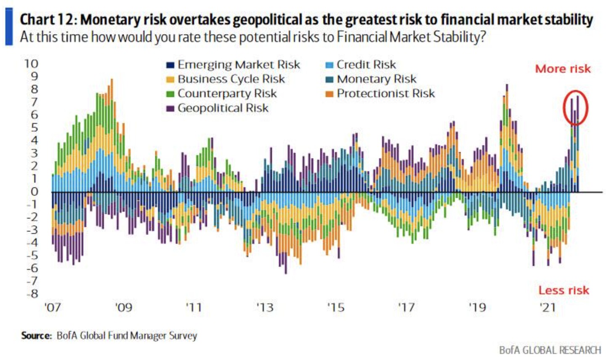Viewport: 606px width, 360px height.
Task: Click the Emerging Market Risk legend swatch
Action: (170, 65)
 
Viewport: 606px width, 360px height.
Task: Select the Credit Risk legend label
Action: (366, 65)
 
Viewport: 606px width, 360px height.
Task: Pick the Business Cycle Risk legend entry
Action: (231, 79)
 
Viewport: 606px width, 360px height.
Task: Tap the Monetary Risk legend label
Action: (376, 79)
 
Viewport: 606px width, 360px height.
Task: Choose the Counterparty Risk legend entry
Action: (227, 93)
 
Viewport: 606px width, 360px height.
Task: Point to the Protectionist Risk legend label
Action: (385, 93)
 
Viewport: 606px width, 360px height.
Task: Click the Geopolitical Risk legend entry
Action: (223, 108)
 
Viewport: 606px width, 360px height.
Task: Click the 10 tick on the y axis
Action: (31, 64)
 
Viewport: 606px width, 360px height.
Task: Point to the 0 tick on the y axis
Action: (35, 192)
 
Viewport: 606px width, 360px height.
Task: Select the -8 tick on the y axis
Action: (32, 294)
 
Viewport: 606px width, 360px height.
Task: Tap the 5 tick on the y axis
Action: (35, 128)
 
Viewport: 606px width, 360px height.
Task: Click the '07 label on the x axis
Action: (53, 307)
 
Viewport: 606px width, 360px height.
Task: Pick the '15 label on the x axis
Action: (336, 307)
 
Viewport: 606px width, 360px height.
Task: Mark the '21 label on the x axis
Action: (548, 307)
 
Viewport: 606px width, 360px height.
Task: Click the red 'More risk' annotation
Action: (563, 69)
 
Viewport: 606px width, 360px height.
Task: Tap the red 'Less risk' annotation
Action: (563, 291)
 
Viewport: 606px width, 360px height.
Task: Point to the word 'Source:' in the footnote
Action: (36, 336)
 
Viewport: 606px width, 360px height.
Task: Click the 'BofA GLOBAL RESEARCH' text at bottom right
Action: (550, 350)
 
